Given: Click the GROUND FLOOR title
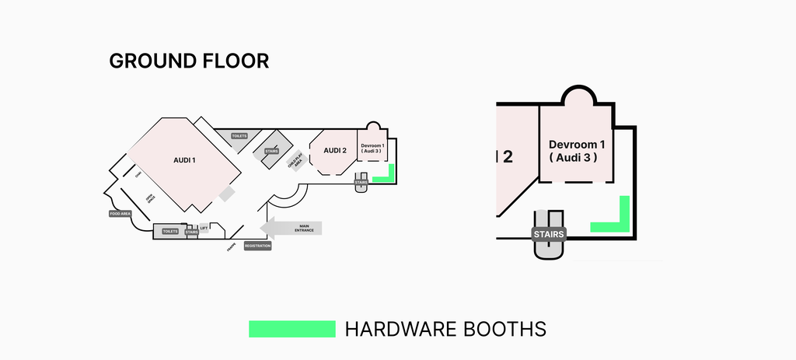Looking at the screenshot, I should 189,61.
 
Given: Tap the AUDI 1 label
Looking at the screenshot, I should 184,160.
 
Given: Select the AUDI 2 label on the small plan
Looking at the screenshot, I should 334,151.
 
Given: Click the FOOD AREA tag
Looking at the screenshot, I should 120,212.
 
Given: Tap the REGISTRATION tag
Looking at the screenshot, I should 257,246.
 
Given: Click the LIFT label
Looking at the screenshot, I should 204,228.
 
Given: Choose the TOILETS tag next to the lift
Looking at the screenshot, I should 170,231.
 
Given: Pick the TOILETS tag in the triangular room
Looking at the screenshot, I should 239,136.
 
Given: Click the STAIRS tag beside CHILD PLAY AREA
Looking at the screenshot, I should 271,151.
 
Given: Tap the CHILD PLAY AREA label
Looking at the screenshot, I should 293,162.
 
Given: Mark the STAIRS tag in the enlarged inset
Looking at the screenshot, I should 549,233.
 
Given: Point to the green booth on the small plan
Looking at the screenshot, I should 389,178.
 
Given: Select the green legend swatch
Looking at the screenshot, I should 292,328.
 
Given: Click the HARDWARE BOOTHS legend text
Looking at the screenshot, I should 445,328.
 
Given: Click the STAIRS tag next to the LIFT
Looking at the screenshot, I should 191,232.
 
